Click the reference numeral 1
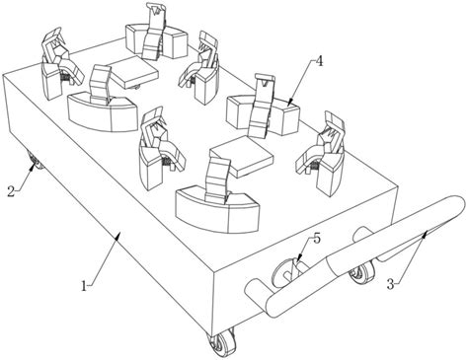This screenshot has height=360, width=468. (x=84, y=285)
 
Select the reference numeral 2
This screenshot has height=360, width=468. (x=11, y=191)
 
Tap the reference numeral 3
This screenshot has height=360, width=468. (x=390, y=284)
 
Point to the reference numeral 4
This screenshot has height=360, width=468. (x=319, y=61)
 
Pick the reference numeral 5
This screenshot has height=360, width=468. (x=316, y=239)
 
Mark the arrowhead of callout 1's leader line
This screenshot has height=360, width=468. (x=117, y=236)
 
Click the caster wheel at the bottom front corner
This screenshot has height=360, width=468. (x=221, y=342)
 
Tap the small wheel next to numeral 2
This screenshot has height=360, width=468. (x=35, y=161)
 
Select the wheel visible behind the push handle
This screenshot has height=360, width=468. (x=363, y=272)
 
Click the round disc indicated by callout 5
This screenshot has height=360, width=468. (x=283, y=272)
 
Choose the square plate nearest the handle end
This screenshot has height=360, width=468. (x=242, y=156)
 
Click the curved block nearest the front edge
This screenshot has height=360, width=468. (x=218, y=210)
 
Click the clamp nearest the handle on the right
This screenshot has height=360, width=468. (x=322, y=154)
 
